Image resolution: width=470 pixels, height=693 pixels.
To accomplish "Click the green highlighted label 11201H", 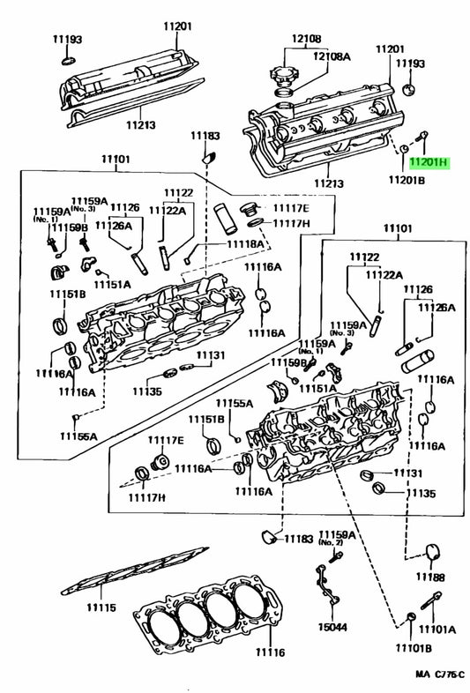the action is click(429, 163).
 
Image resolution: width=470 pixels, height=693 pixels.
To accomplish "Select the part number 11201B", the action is click(407, 180).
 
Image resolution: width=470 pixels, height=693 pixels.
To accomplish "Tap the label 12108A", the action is click(332, 56).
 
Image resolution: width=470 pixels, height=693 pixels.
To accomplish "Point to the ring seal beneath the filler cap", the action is click(284, 93).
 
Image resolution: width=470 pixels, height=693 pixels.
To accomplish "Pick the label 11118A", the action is click(245, 244).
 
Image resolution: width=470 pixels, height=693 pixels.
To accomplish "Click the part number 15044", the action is click(332, 627).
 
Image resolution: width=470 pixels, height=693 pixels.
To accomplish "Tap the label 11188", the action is click(430, 577).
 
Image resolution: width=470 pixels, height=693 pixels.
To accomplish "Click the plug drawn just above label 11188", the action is click(433, 552).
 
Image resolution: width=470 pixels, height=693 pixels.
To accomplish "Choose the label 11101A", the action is click(437, 629).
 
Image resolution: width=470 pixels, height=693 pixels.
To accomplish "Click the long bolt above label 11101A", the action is click(430, 600).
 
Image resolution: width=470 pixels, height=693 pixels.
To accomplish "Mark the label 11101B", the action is click(414, 648).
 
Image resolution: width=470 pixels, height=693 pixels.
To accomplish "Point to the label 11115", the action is click(101, 607).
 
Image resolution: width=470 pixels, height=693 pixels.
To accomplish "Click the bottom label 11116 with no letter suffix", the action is click(270, 652).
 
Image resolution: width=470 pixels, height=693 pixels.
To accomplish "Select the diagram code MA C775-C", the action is click(440, 674).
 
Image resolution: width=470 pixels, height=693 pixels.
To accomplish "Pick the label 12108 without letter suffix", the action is click(306, 39).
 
